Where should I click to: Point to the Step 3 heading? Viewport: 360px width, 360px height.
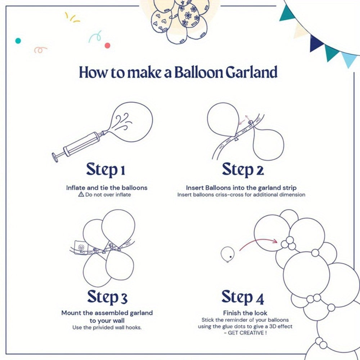tap(107, 297)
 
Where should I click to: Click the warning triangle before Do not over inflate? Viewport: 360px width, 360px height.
tap(81, 194)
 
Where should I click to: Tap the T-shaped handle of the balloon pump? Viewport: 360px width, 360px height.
tap(55, 157)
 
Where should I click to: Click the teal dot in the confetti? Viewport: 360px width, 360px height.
tap(18, 41)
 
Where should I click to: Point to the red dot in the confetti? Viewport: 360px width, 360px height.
tap(107, 45)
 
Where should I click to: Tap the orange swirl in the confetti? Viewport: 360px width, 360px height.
tap(40, 50)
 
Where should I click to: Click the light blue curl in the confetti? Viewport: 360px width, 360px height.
tap(95, 36)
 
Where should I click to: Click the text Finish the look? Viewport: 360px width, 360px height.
tap(245, 313)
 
